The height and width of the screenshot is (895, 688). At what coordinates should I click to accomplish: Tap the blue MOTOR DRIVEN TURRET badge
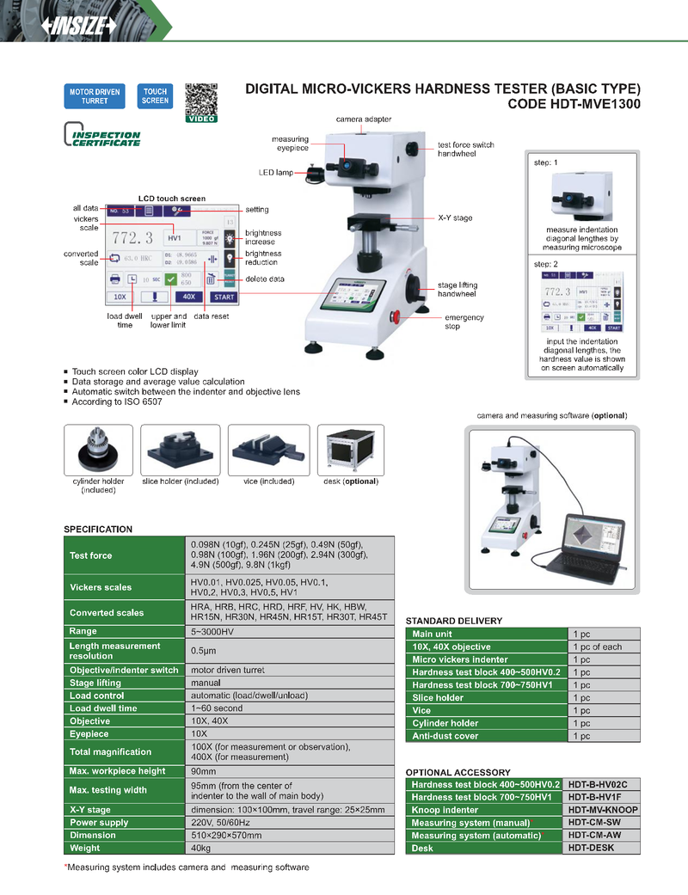click(x=95, y=96)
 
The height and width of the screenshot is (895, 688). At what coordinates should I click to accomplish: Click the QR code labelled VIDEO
click(x=201, y=99)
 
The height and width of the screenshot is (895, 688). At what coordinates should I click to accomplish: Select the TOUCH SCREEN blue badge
click(x=155, y=96)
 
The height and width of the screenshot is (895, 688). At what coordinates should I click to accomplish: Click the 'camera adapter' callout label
click(x=363, y=119)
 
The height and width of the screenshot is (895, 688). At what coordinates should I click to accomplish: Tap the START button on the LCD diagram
click(x=224, y=297)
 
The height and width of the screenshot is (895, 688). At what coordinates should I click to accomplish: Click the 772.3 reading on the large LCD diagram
click(x=132, y=237)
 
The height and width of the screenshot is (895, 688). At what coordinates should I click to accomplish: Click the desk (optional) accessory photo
click(x=350, y=450)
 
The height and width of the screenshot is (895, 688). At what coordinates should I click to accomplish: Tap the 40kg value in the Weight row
click(x=200, y=849)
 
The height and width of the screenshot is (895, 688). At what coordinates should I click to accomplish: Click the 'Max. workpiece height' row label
click(x=117, y=771)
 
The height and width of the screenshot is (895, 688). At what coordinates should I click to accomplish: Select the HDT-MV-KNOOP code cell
click(x=603, y=810)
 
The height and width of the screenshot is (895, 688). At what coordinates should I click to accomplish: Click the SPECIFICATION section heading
click(x=98, y=529)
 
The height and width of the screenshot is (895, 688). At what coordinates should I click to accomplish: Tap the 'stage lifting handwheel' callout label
click(x=458, y=289)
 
